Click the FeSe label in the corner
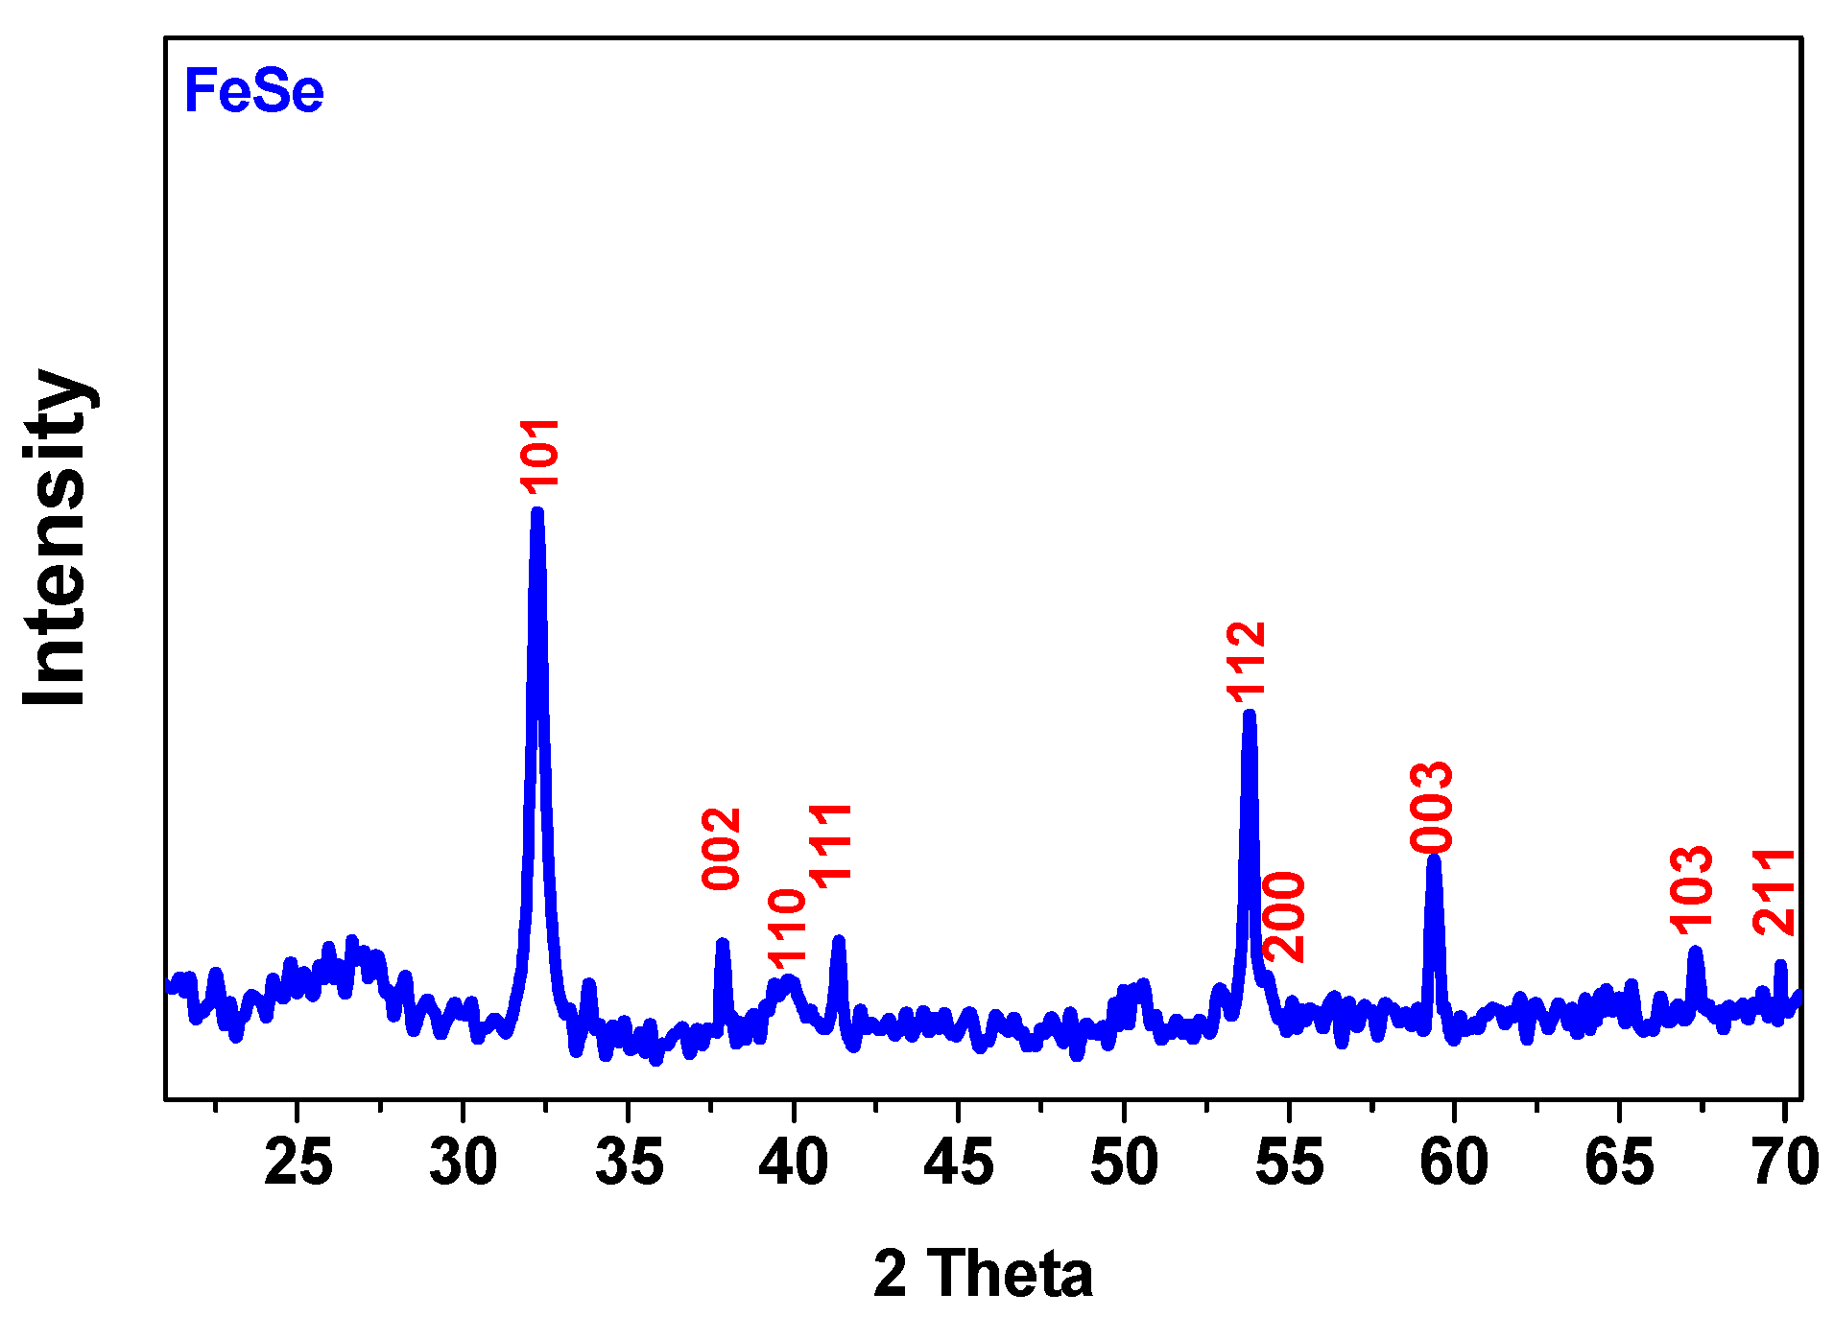click(x=253, y=92)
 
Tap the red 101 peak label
click(x=539, y=456)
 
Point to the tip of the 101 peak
click(x=536, y=512)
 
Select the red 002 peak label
click(x=722, y=849)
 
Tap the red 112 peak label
click(x=1247, y=662)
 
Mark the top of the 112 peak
click(x=1249, y=714)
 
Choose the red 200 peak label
click(x=1284, y=916)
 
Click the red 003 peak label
click(x=1433, y=807)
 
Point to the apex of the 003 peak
click(x=1433, y=858)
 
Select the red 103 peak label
click(x=1692, y=890)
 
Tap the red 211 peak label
click(x=1774, y=892)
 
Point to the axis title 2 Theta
click(x=983, y=1274)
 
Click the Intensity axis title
click(x=58, y=537)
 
